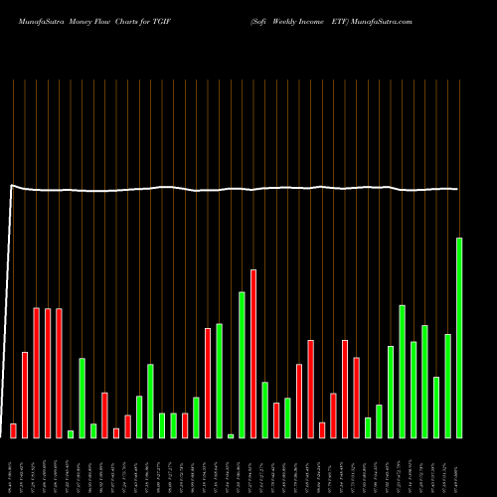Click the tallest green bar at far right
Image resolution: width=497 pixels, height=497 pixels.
pos(459,338)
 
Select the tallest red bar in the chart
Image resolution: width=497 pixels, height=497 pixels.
pos(253,353)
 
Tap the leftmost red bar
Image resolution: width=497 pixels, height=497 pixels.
pos(13,430)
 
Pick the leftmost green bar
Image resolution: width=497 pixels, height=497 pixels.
pos(71,433)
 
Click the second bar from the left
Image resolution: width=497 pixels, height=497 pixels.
pos(25,395)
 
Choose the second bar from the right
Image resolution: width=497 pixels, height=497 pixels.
pos(447,386)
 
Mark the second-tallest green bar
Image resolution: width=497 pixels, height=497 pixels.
pos(242,364)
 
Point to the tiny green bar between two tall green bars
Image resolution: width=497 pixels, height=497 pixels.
pos(231,435)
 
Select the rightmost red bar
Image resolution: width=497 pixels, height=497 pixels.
pos(356,398)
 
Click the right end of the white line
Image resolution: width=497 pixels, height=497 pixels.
pos(458,189)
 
